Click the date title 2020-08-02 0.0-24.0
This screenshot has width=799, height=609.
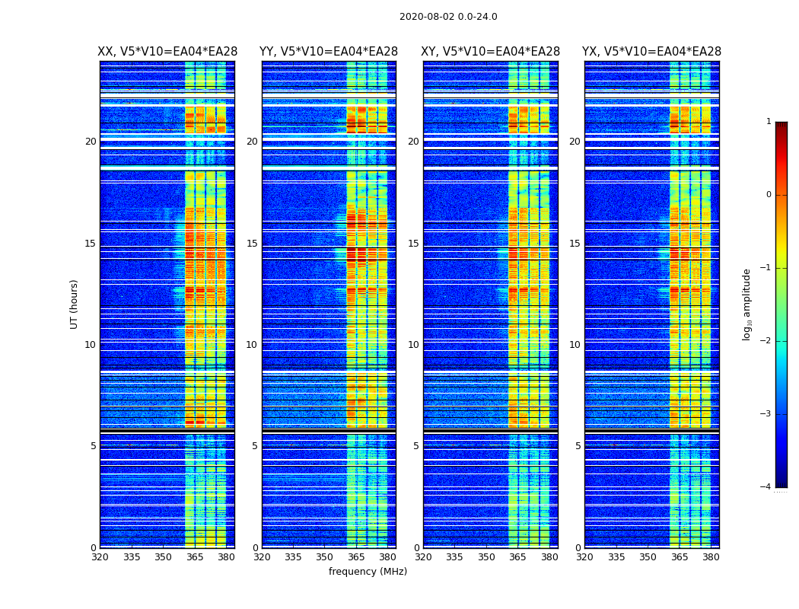coord(448,17)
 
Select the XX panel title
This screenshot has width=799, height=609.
coord(167,52)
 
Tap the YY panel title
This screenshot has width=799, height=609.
coord(329,52)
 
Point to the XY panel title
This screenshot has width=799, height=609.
coord(491,52)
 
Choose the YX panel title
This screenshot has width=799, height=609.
coord(651,52)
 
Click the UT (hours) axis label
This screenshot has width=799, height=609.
coord(75,304)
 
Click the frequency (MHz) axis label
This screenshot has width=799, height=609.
coord(368,572)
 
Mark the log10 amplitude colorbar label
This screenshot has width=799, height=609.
coord(747,304)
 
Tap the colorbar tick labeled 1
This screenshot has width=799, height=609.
coord(769,122)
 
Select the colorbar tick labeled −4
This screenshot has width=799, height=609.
coord(766,487)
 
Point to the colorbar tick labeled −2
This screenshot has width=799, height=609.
coord(766,341)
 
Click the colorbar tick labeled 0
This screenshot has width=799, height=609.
coord(769,195)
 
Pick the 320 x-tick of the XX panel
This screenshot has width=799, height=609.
coord(100,557)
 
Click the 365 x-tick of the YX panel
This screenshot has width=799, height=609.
coord(679,557)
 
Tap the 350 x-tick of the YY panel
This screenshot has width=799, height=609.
coord(325,557)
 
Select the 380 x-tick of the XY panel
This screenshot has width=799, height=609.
coord(549,557)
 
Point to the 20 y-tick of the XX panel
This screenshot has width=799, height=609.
coord(91,142)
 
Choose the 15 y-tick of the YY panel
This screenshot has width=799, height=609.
coord(252,244)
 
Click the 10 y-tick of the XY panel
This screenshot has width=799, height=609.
coord(413,345)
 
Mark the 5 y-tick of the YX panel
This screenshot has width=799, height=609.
coord(578,446)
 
